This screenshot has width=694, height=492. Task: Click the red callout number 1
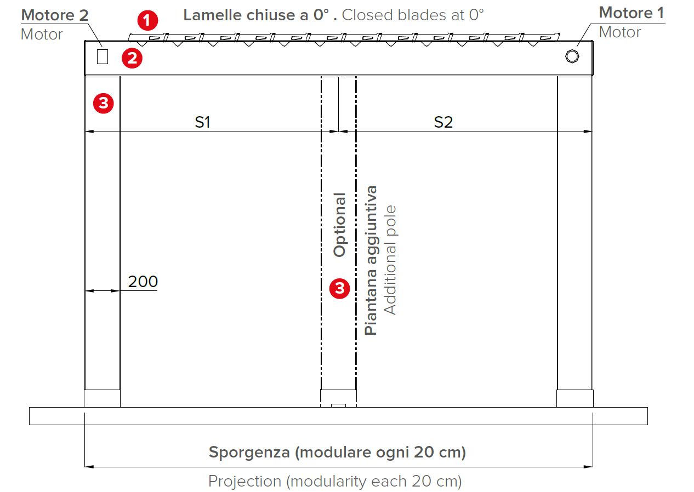pos(147,20)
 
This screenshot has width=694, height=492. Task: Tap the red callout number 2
pos(132,58)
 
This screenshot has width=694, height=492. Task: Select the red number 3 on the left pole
pos(104,103)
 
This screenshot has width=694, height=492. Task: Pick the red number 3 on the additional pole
pos(339,289)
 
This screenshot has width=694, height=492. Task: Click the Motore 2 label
pos(55,15)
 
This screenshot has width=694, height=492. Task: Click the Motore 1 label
pos(632,13)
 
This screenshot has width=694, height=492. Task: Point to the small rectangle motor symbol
pos(103,56)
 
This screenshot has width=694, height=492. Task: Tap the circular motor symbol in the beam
pos(572,56)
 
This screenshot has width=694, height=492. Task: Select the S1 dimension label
pos(203,122)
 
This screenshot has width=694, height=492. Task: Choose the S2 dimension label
pos(443,122)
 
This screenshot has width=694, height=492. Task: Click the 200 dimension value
pos(143,282)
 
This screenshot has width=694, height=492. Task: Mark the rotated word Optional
pos(339,225)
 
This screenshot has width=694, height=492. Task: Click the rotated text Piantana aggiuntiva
pos(371,260)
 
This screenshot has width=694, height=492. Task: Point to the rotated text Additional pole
pos(390,260)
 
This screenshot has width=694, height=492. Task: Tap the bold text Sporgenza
pos(249,453)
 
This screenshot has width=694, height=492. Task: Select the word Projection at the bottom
pos(244,482)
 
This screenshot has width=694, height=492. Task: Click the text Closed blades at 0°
pos(413,15)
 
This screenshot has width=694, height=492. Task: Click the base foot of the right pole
pos(574,398)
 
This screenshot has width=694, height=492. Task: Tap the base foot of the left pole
pos(103,398)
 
